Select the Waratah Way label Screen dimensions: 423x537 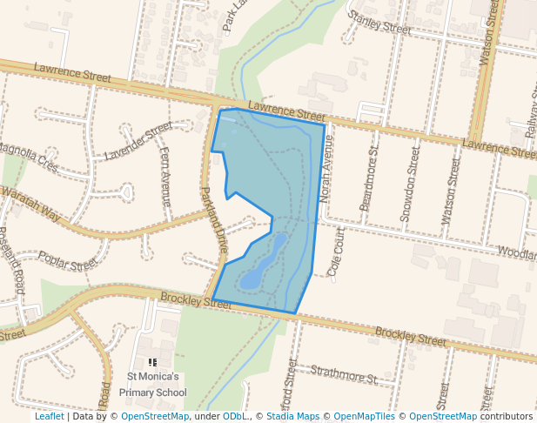pyautogui.click(x=30, y=203)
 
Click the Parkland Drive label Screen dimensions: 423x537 pyautogui.click(x=214, y=219)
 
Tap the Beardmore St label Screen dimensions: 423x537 pyautogui.click(x=369, y=178)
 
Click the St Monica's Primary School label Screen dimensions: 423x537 pyautogui.click(x=153, y=385)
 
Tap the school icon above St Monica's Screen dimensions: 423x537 pyautogui.click(x=153, y=362)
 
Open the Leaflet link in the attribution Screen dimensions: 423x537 pyautogui.click(x=49, y=417)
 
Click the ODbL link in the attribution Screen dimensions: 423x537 pyautogui.click(x=234, y=417)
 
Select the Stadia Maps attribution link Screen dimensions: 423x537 pyautogui.click(x=292, y=417)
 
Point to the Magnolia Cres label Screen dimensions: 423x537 pyautogui.click(x=30, y=158)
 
